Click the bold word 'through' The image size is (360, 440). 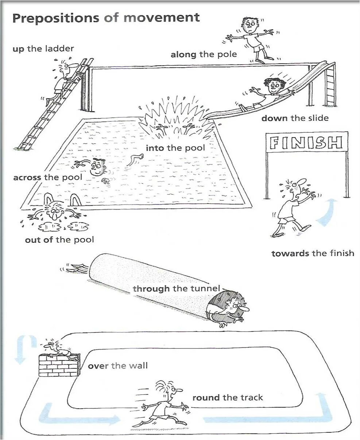click(x=151, y=289)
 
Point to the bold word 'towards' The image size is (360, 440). click(x=290, y=253)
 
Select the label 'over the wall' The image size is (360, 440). click(x=117, y=366)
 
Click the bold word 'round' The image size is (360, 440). click(x=206, y=398)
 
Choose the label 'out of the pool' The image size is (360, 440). click(x=59, y=240)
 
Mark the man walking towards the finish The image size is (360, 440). click(x=292, y=208)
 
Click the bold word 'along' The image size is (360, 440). click(x=184, y=55)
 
